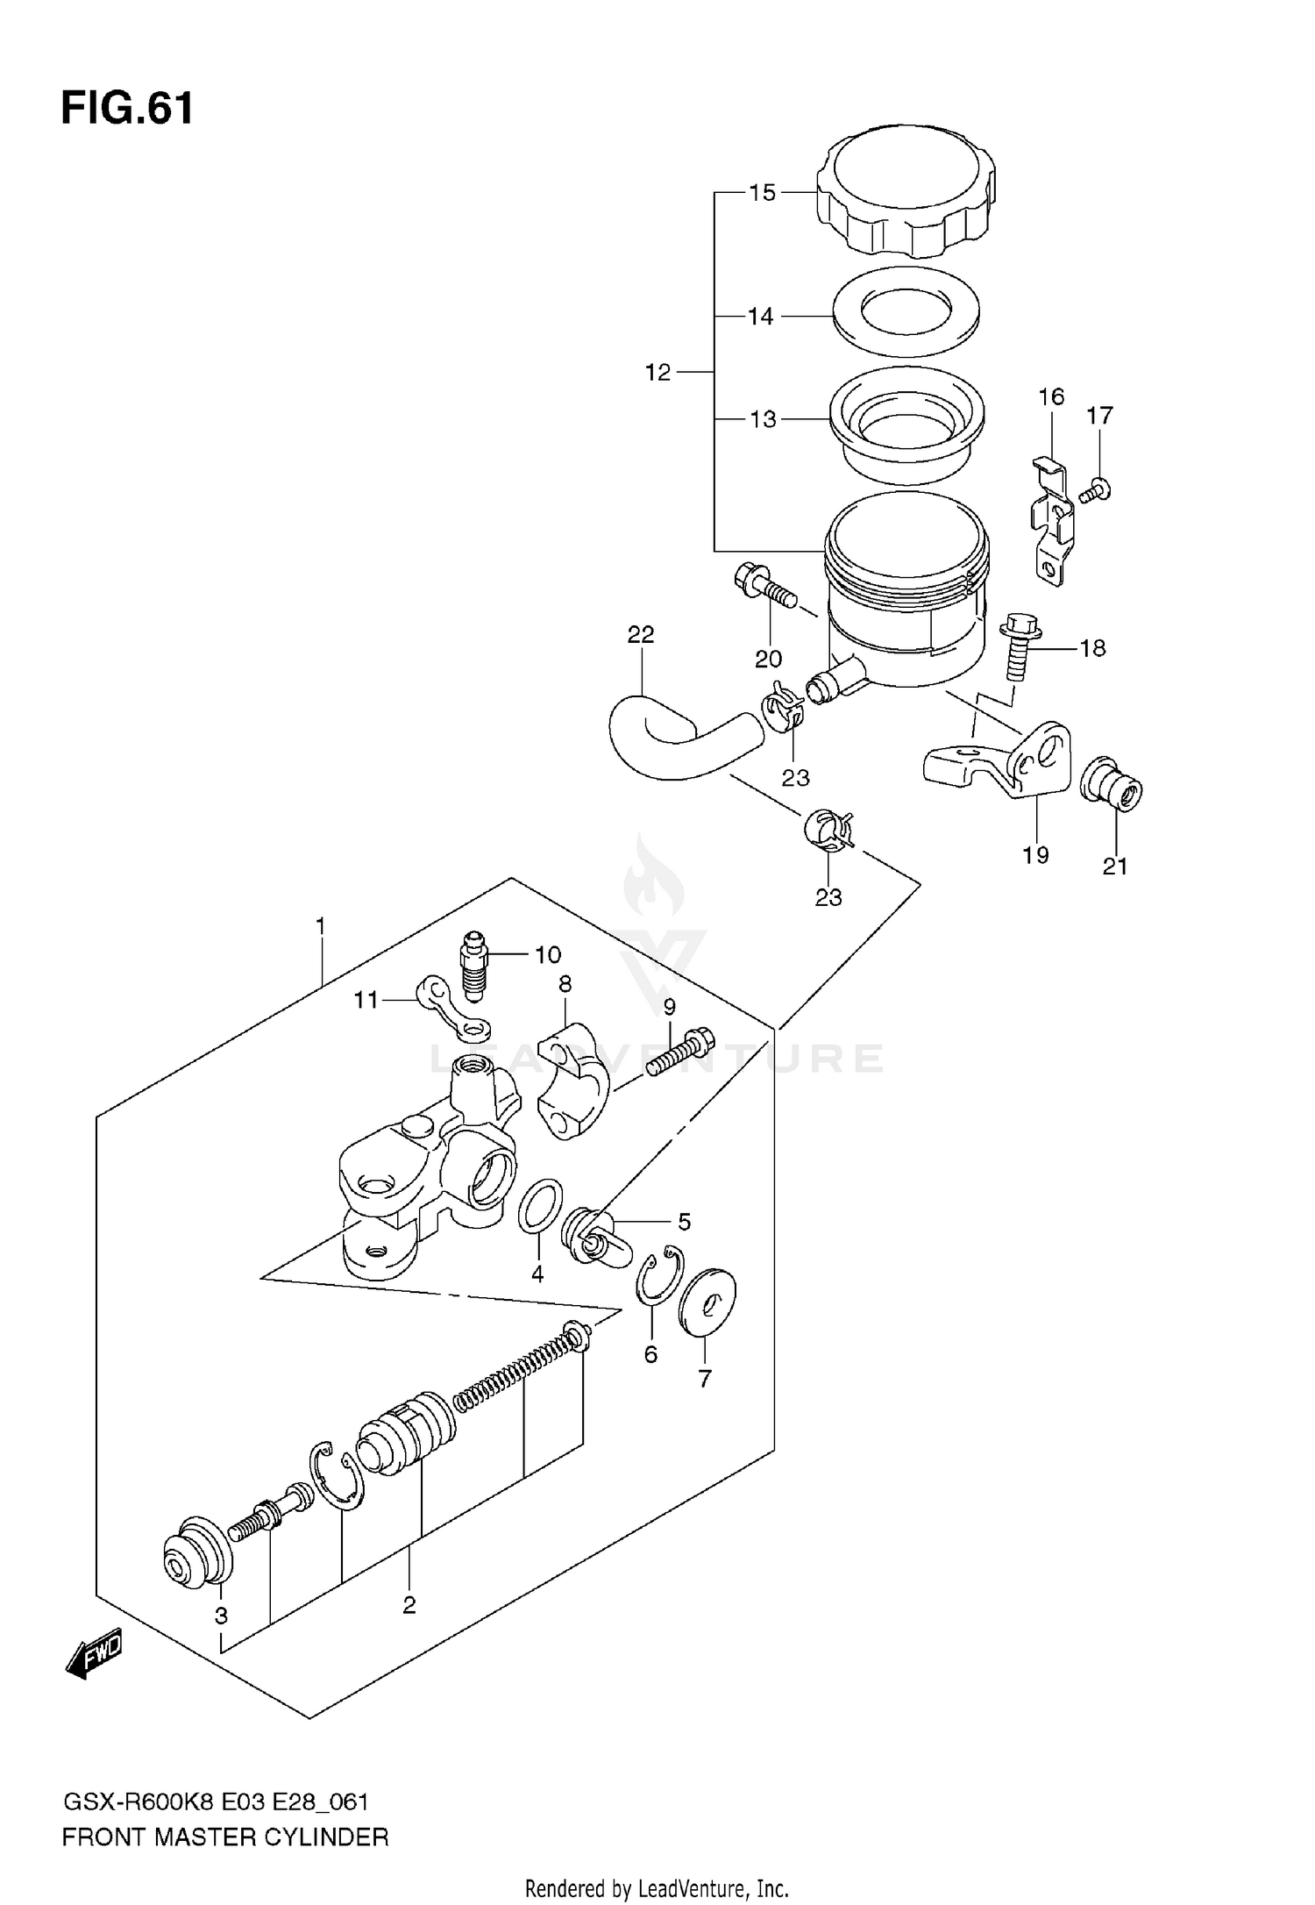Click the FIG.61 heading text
(x=127, y=110)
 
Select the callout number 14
(x=760, y=317)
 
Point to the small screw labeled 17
(x=1096, y=489)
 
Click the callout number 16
(x=1051, y=397)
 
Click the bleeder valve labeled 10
(x=473, y=966)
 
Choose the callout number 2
(x=409, y=1605)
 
